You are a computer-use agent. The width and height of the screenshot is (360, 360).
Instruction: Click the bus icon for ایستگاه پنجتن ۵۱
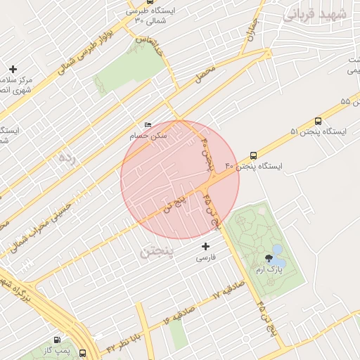click(x=319, y=121)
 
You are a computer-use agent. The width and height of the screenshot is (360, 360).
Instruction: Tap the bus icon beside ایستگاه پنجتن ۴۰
click(x=253, y=155)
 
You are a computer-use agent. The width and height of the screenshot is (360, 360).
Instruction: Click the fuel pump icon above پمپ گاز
click(x=57, y=340)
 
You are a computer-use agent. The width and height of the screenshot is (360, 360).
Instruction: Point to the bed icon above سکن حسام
click(x=147, y=124)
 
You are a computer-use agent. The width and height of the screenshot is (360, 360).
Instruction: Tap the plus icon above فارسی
click(x=205, y=246)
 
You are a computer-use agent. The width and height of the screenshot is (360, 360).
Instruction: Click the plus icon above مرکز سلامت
click(x=13, y=69)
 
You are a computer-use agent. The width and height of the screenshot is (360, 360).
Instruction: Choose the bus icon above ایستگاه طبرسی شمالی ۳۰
click(x=130, y=11)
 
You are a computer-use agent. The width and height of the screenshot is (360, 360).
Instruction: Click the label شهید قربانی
click(x=314, y=13)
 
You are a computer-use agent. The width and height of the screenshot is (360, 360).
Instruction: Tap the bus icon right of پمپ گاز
click(x=84, y=352)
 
